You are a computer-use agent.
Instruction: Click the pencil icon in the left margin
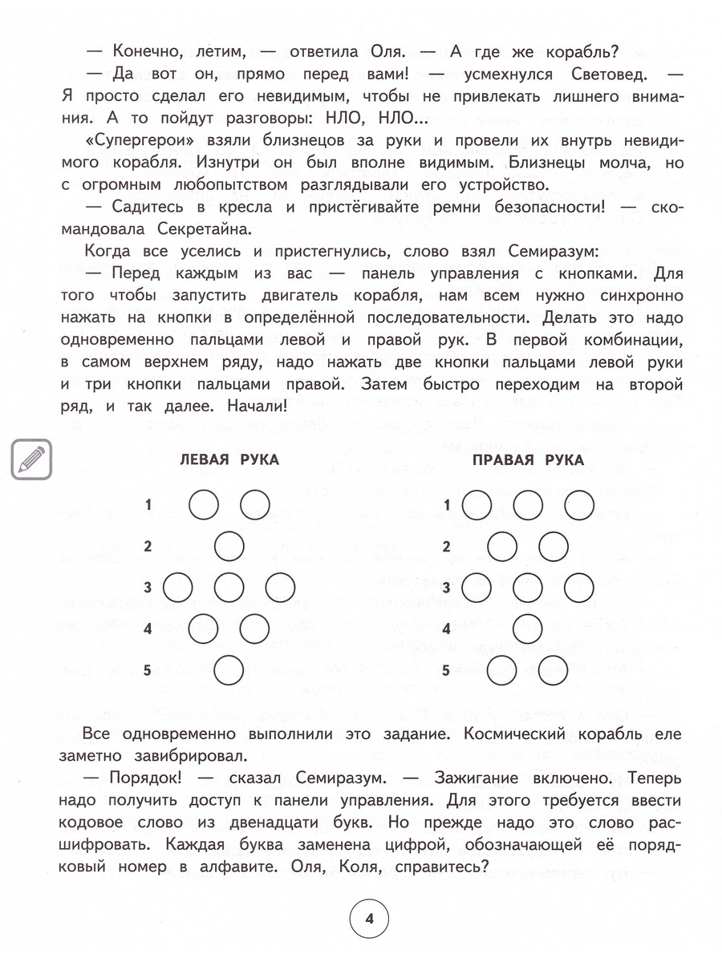coord(31,459)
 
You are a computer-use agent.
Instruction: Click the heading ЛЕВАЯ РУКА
coord(229,460)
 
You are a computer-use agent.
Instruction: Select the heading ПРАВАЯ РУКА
coord(527,460)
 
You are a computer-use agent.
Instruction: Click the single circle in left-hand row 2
coord(229,548)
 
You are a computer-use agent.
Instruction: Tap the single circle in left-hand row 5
coord(229,670)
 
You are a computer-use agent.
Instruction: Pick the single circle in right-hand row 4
coord(527,629)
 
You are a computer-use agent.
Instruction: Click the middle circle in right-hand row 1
coord(527,505)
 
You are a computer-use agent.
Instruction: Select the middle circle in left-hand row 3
coord(229,588)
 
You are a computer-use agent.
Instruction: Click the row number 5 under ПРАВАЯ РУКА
coord(446,670)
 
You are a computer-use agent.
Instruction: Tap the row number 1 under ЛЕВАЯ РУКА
coord(148,505)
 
